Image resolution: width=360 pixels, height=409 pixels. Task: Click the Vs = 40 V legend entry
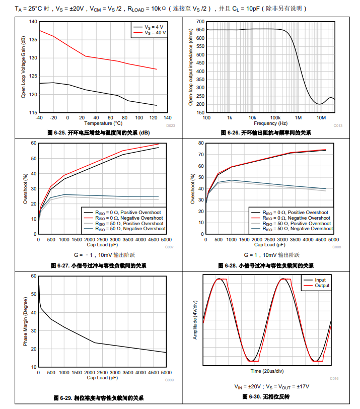155,32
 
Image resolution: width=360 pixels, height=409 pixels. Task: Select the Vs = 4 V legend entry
154,26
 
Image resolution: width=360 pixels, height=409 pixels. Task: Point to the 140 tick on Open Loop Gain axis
33,22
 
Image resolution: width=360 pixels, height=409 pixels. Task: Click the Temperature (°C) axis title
103,123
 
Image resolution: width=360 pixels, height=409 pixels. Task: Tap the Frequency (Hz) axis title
270,123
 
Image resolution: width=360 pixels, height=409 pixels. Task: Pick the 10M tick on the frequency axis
321,117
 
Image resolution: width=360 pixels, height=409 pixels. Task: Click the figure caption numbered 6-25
99,132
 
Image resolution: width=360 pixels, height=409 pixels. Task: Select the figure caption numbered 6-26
266,132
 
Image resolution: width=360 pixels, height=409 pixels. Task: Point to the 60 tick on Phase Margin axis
33,276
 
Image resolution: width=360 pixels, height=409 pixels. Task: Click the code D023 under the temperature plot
170,125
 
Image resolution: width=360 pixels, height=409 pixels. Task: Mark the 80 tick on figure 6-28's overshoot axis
201,143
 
